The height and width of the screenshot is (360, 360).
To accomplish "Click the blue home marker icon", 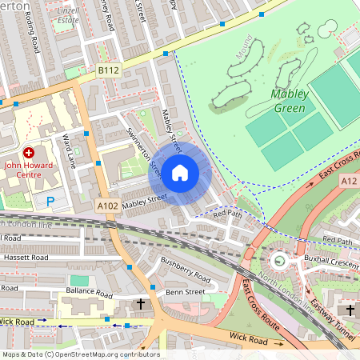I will (180, 172).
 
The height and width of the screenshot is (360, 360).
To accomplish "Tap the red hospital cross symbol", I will (30, 152).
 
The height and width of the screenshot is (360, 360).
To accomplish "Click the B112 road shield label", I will (108, 71).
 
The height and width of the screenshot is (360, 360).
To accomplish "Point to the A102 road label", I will (107, 206).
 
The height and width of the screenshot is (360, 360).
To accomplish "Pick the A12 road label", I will (350, 182).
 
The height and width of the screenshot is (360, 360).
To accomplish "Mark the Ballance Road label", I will (86, 293).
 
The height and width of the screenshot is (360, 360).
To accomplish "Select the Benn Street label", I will (186, 293).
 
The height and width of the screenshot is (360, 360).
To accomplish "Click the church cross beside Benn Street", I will (142, 304).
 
